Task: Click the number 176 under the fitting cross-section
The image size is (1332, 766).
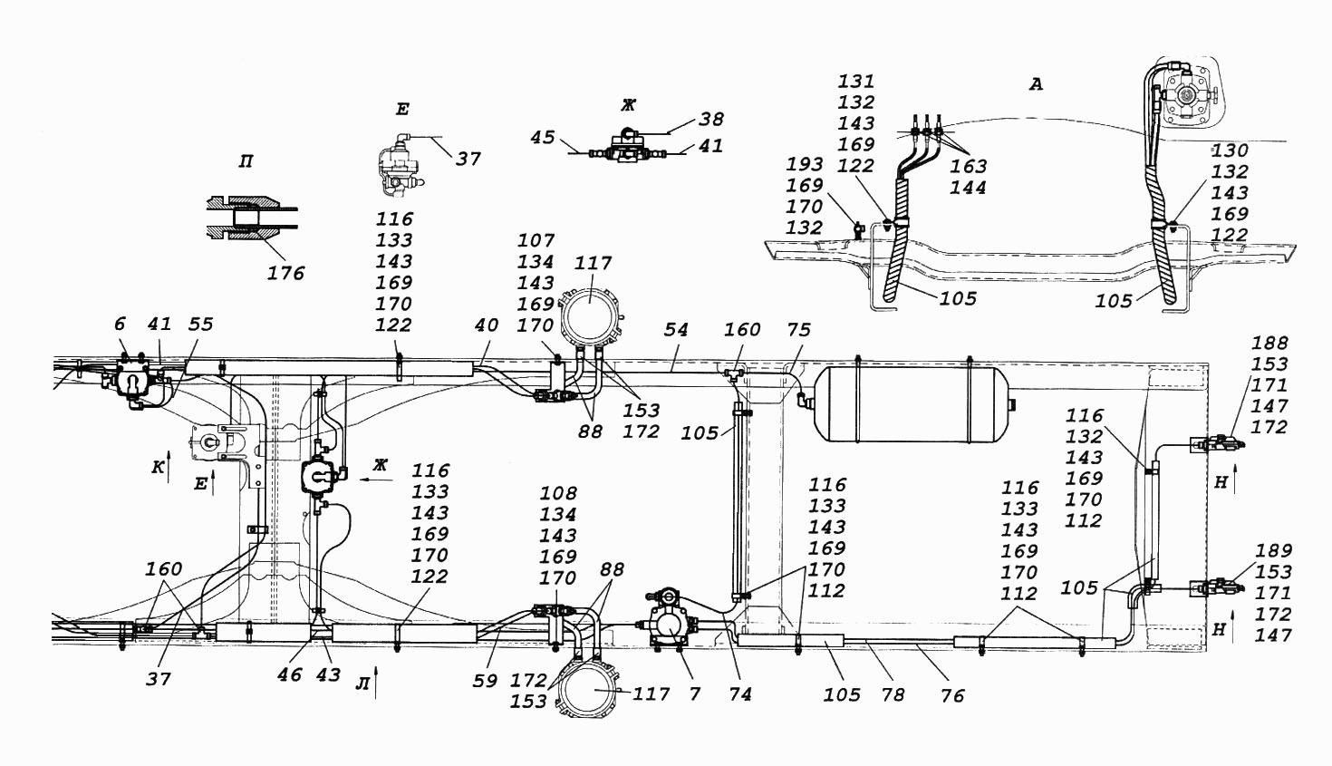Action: [x=285, y=274]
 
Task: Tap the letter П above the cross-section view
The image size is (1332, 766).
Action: [x=245, y=162]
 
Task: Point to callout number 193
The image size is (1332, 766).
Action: [x=805, y=164]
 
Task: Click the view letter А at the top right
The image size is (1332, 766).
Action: [x=1036, y=85]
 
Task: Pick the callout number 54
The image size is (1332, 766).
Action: [x=676, y=330]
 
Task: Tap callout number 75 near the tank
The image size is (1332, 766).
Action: [x=798, y=330]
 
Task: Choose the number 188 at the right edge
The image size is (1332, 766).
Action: [x=1269, y=344]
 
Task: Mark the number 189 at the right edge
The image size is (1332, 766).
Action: [x=1273, y=550]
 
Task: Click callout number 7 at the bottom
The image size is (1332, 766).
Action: [x=694, y=693]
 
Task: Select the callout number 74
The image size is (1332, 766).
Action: [x=739, y=694]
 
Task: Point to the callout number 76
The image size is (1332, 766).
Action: [x=952, y=695]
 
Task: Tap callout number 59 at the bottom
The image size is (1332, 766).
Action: [x=486, y=681]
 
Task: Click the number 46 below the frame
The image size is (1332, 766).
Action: [x=290, y=675]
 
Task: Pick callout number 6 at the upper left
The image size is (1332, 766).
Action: [x=121, y=325]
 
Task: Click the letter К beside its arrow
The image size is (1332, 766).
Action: [x=157, y=468]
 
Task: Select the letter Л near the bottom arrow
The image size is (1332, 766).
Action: [x=362, y=684]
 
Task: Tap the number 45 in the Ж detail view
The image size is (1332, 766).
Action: [x=542, y=138]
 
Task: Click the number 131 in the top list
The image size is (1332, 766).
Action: [x=856, y=81]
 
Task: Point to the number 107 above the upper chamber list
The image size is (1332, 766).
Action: [x=536, y=241]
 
